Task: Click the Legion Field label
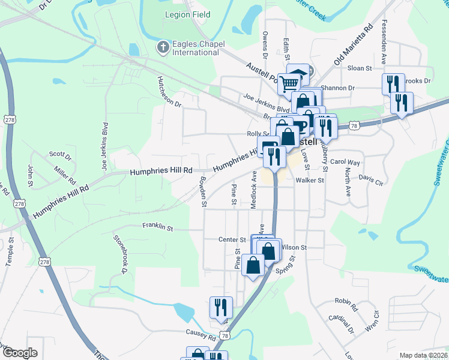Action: click(187, 14)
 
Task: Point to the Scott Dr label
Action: click(60, 154)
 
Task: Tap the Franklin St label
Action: click(157, 227)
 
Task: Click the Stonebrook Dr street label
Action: click(121, 254)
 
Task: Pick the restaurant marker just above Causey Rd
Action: click(220, 308)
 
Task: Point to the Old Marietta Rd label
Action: click(354, 46)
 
